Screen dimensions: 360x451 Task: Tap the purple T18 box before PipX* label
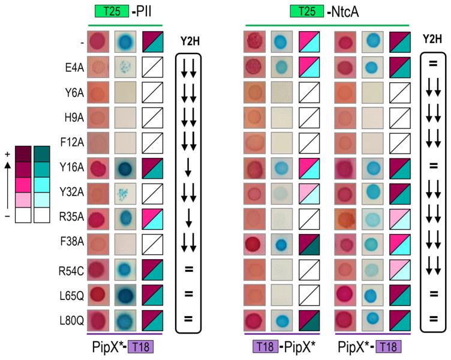tap(266, 346)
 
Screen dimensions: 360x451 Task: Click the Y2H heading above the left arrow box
tap(189, 41)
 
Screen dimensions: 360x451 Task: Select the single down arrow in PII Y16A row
tap(188, 169)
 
